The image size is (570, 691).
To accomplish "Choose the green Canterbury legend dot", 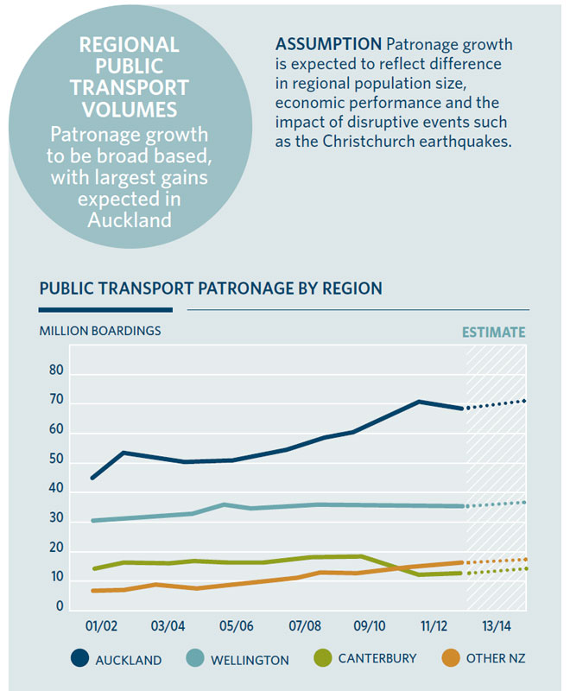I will [320, 658].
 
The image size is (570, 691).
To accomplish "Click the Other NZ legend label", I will [496, 659].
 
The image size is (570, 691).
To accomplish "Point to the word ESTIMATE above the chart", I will [494, 332].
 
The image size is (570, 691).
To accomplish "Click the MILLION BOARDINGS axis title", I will [100, 330].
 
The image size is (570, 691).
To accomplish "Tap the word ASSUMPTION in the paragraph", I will [329, 43].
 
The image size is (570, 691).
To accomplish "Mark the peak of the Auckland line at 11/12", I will [419, 402].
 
